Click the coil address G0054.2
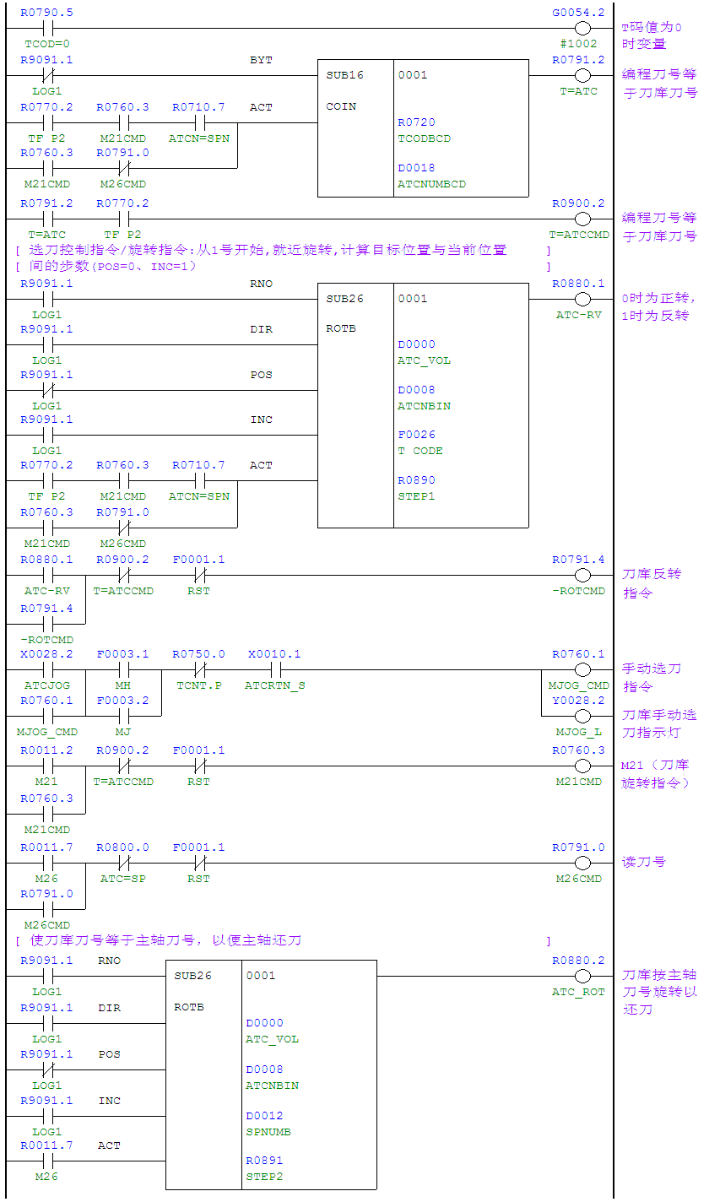(578, 13)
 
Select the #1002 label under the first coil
(578, 44)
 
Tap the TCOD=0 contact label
(47, 44)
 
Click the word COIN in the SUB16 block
(341, 106)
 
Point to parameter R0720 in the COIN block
(417, 122)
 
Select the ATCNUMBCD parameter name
(431, 184)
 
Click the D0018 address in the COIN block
(417, 168)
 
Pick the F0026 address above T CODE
(417, 435)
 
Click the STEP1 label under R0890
(417, 496)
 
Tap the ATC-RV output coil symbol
(582, 300)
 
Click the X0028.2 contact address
(46, 654)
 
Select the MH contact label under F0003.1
(123, 685)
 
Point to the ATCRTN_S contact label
(274, 685)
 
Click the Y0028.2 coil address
(578, 701)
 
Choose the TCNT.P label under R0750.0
(199, 685)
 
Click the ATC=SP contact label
(123, 879)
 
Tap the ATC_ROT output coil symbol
(582, 976)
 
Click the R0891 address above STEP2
(265, 1161)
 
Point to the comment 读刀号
(644, 862)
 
